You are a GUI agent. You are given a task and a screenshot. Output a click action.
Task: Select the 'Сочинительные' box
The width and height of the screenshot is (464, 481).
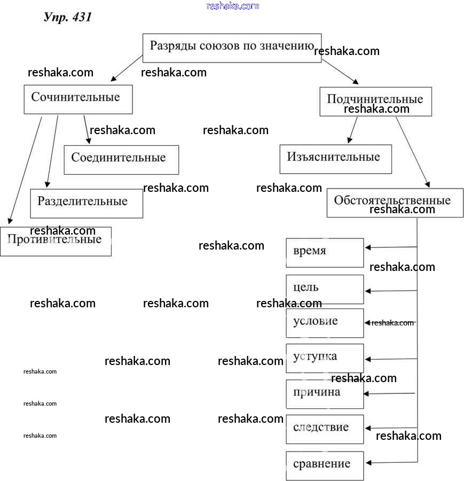click(78, 99)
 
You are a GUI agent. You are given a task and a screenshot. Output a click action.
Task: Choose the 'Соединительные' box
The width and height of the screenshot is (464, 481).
click(121, 159)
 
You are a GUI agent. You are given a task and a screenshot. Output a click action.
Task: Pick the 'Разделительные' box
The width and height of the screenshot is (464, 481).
click(86, 203)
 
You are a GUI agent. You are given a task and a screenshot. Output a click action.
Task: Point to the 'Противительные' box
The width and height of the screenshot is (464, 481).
click(56, 241)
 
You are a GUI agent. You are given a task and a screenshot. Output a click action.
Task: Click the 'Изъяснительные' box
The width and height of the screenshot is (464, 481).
click(335, 159)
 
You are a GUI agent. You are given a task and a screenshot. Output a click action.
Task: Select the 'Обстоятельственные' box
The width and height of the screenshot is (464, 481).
click(395, 202)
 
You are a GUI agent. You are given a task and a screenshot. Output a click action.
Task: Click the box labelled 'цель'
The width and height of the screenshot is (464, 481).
click(325, 289)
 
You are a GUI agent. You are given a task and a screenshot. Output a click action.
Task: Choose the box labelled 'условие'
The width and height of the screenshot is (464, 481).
click(325, 323)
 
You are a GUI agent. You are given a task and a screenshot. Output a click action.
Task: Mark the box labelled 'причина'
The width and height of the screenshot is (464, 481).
click(325, 393)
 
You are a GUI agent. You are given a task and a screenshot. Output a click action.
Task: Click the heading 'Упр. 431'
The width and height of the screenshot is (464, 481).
click(67, 17)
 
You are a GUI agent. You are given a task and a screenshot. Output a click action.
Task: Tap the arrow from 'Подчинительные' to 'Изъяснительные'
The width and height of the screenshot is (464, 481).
click(353, 130)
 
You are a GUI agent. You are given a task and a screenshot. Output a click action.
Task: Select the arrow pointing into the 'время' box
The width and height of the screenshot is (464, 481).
click(390, 247)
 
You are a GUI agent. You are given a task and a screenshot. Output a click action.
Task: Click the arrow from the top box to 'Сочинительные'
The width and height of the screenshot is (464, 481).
click(127, 68)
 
